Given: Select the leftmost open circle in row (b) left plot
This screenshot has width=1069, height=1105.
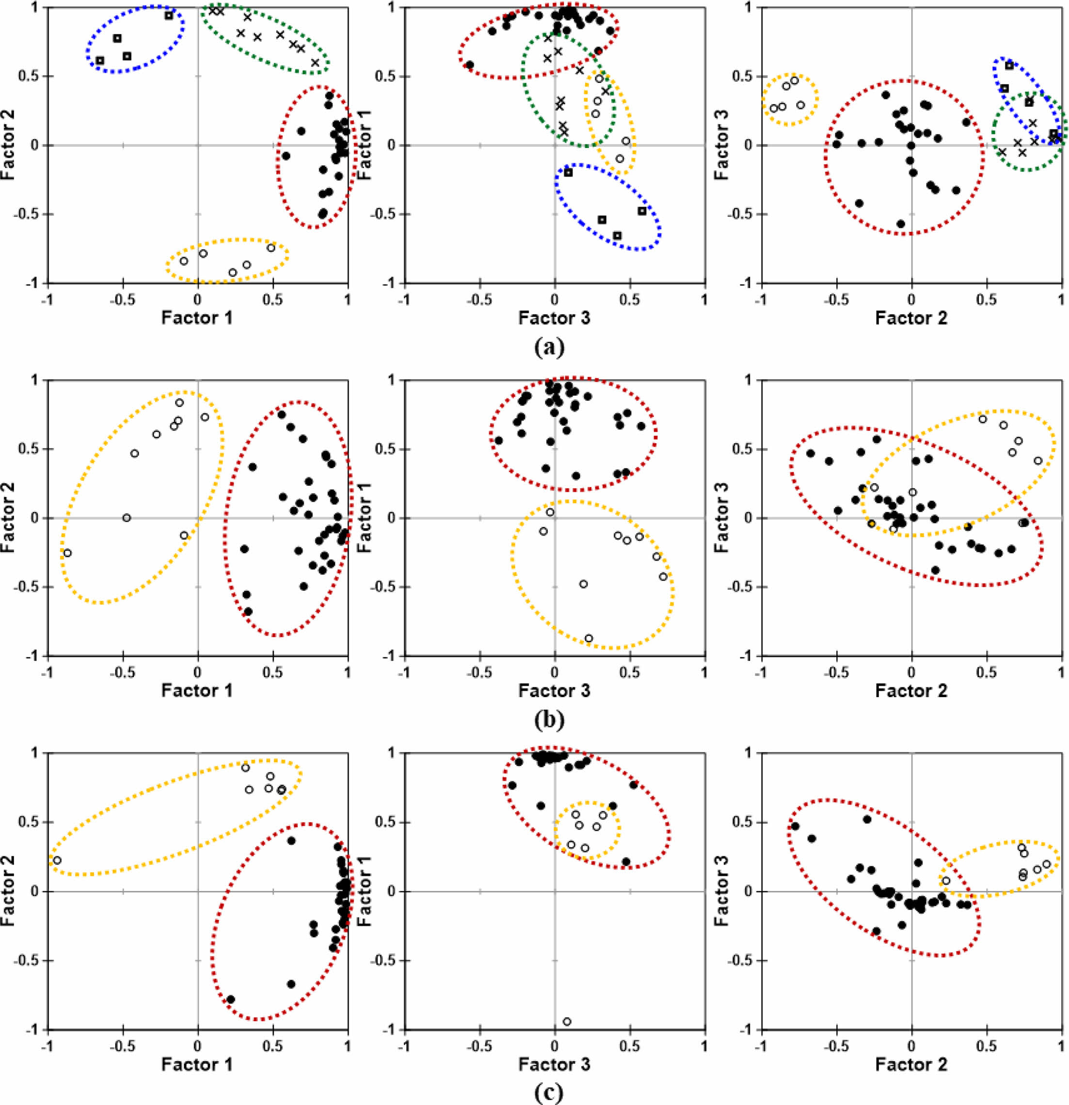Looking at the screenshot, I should [67, 553].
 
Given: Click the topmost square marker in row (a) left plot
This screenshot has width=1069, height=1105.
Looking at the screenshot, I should [169, 15].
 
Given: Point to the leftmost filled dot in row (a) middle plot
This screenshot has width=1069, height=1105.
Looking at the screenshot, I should [469, 65].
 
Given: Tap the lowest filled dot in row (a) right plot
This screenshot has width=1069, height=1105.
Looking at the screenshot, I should [900, 224].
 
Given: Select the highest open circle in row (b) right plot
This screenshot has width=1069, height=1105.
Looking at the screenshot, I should [983, 419].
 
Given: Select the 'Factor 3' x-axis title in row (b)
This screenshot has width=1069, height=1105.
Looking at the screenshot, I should [555, 691].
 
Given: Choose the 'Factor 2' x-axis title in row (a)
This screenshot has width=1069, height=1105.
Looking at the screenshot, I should [911, 319].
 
